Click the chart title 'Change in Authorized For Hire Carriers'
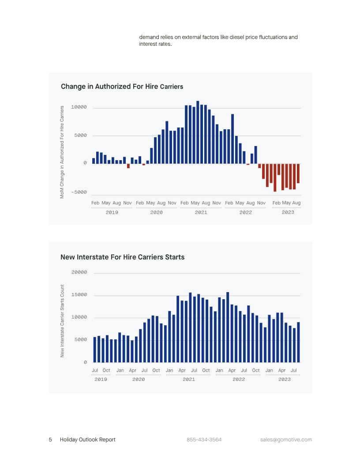122,86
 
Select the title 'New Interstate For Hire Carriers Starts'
122,257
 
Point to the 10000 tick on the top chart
79,107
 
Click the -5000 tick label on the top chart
79,192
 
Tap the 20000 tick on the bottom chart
79,273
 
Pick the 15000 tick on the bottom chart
79,295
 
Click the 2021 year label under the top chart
201,213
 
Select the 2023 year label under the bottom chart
284,380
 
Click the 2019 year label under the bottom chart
101,380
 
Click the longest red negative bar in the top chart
275,177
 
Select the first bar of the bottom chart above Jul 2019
95,349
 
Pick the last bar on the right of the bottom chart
298,342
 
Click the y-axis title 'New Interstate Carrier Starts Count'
62,321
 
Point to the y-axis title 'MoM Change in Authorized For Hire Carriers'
62,151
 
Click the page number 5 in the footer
50,440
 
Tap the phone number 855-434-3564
204,440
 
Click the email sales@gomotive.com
286,440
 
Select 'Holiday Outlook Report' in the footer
88,440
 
